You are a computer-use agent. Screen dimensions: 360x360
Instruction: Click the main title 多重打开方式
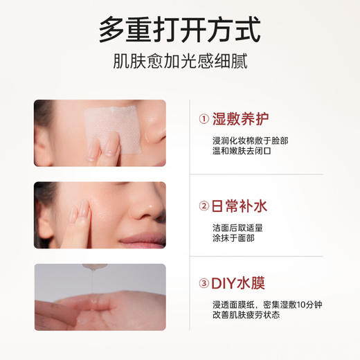[179, 30]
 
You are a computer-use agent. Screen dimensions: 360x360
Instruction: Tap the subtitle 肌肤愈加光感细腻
[179, 63]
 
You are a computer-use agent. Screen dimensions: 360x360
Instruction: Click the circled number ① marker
[204, 118]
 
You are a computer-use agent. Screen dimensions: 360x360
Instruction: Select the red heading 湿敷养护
[240, 118]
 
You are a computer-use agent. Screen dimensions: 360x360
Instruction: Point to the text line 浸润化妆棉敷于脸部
[250, 141]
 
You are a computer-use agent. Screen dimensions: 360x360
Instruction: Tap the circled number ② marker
[204, 206]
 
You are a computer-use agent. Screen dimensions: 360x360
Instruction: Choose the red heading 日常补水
[240, 206]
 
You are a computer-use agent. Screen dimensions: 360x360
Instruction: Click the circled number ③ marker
[204, 283]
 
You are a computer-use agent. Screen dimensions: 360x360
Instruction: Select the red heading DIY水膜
[240, 283]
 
